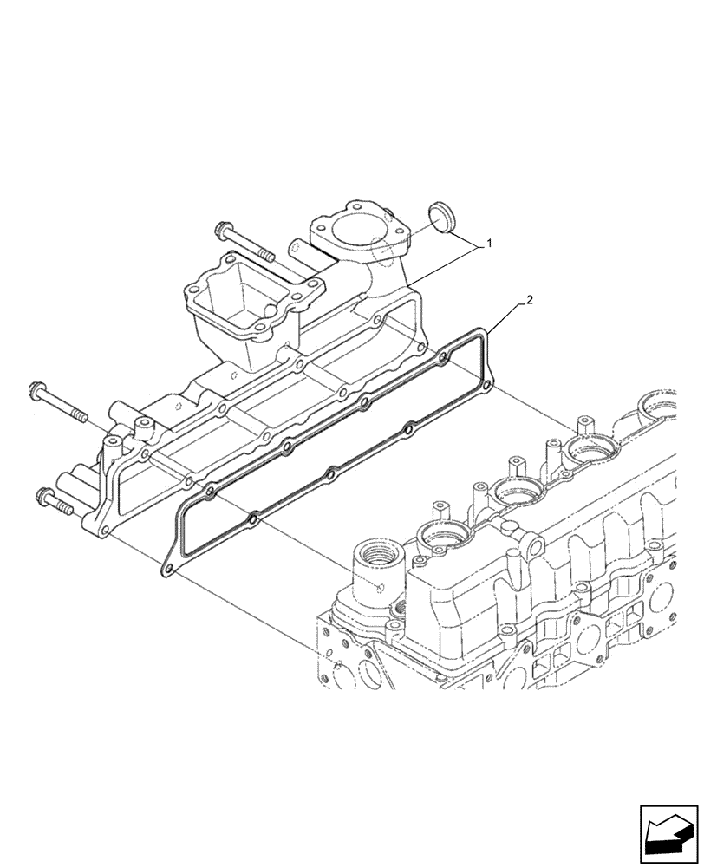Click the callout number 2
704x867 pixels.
[530, 301]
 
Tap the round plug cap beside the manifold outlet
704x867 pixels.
[443, 218]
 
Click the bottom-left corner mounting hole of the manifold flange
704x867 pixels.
[104, 531]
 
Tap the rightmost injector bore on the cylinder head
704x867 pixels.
[659, 404]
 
